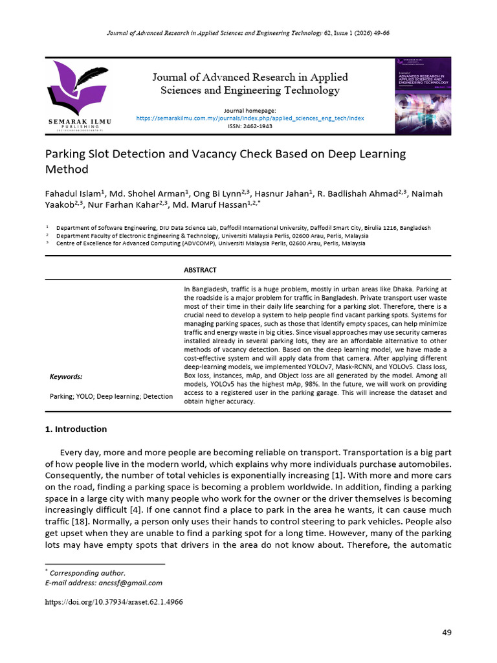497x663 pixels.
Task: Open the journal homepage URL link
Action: point(250,118)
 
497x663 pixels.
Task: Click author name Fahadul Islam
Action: point(72,194)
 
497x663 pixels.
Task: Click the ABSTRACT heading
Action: point(200,270)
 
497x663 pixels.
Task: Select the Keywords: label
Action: point(66,376)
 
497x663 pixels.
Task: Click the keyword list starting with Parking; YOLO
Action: point(111,396)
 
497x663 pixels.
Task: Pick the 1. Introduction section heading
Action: point(76,429)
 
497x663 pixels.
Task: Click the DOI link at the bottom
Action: point(114,601)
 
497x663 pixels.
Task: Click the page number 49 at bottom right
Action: point(446,633)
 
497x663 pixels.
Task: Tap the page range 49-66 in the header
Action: point(378,32)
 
